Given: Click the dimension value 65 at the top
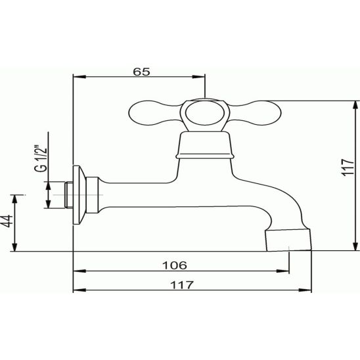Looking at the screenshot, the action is tap(141, 72).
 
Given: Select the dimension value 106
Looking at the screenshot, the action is tap(175, 265).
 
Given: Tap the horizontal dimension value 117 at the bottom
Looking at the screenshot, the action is tap(182, 285).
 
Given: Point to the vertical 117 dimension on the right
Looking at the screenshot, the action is tap(348, 167).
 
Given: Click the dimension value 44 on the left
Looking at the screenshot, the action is tap(8, 221).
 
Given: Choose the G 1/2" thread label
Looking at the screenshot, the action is tap(41, 158).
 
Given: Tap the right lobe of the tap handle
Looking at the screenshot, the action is tap(255, 113).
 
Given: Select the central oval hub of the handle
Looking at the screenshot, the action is tap(204, 113).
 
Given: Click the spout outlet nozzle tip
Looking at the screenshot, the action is tap(288, 240).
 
